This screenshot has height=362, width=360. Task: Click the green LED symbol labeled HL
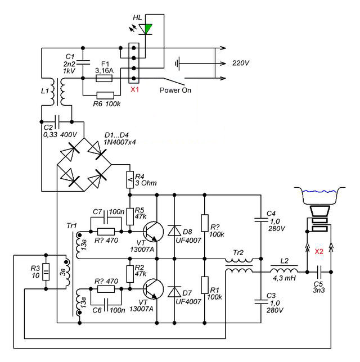[146, 29]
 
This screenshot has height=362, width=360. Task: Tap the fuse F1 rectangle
[104, 79]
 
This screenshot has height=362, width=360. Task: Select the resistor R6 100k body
[105, 95]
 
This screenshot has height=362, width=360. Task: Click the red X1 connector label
[134, 89]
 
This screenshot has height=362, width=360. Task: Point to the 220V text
[241, 63]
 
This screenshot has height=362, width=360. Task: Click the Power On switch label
[175, 90]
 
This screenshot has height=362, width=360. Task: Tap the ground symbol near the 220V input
[177, 64]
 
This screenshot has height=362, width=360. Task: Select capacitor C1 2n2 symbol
[83, 62]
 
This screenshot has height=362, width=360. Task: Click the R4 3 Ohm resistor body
[130, 179]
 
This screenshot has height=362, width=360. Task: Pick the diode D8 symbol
[174, 230]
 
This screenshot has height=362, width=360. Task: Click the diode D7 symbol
[174, 292]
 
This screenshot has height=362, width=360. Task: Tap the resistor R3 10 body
[46, 271]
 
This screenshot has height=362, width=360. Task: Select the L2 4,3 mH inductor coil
[284, 270]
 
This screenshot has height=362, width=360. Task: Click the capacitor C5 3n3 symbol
[319, 272]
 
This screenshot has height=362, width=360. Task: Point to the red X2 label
[319, 251]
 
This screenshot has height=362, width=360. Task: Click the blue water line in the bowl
[319, 191]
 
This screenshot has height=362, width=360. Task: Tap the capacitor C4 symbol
[261, 219]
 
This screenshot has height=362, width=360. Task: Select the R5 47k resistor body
[130, 216]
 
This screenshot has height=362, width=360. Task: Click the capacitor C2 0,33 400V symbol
[57, 121]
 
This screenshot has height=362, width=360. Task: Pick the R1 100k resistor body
[205, 285]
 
